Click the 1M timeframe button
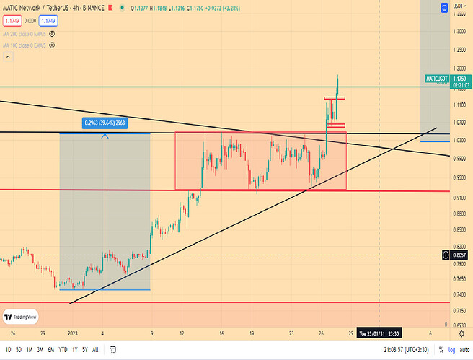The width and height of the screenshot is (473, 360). [29, 349]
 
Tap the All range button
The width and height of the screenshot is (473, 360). [96, 349]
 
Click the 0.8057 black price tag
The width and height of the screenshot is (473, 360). [459, 255]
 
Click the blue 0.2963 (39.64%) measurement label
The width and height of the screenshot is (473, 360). [105, 123]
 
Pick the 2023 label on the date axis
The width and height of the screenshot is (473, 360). [73, 334]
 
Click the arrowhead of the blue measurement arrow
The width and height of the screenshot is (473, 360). [105, 134]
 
